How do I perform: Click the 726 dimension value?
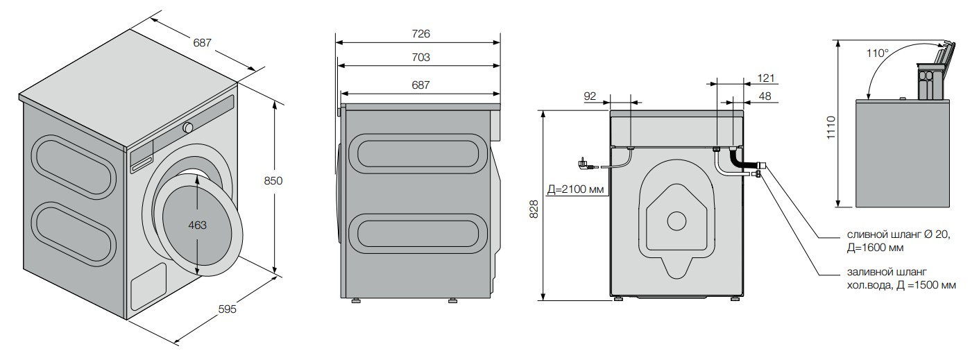420,33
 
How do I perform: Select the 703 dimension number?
420,58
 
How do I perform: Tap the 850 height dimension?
273,180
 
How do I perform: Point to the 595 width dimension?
227,309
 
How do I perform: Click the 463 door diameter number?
197,225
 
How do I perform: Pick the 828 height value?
534,209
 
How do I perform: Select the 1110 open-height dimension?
831,128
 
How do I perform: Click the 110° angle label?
878,53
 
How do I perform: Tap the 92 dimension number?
590,96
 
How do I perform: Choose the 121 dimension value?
766,78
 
